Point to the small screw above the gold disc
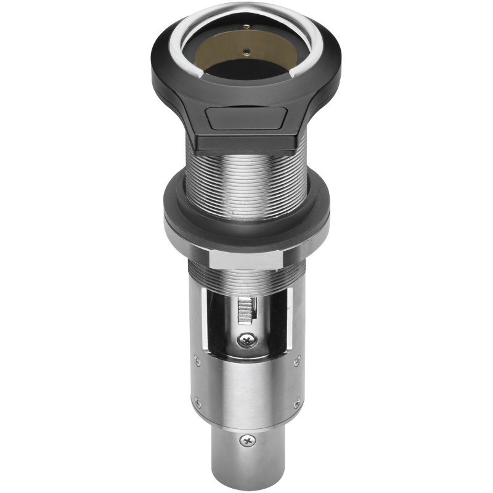247,26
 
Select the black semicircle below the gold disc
246,68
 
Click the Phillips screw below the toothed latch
248,338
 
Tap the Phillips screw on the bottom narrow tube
248,440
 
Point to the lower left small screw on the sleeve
197,402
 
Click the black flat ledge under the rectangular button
246,143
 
